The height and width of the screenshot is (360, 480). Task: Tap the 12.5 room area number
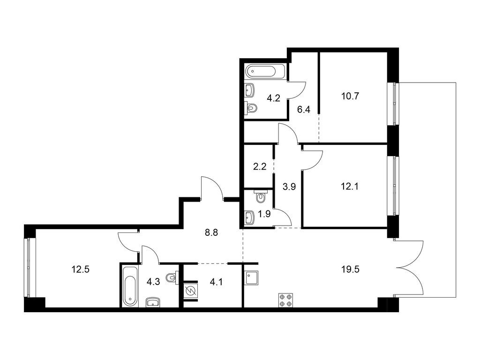81,270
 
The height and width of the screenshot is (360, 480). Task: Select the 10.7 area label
350,97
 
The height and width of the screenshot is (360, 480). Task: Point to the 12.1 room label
350,186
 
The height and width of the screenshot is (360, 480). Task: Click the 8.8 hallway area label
211,233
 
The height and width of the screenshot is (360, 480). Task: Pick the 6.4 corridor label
304,110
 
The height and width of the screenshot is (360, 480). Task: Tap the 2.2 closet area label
260,167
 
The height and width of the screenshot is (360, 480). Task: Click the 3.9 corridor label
289,187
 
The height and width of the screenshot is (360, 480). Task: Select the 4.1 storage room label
216,282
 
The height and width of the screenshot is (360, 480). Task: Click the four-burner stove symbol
285,300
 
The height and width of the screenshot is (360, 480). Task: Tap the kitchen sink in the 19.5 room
251,278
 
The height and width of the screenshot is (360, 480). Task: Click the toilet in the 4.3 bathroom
172,277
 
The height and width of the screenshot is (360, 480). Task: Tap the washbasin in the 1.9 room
249,217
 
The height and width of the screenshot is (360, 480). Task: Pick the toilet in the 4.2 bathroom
251,108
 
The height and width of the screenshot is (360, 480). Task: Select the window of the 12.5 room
30,268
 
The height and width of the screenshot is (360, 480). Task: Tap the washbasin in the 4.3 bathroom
153,302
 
